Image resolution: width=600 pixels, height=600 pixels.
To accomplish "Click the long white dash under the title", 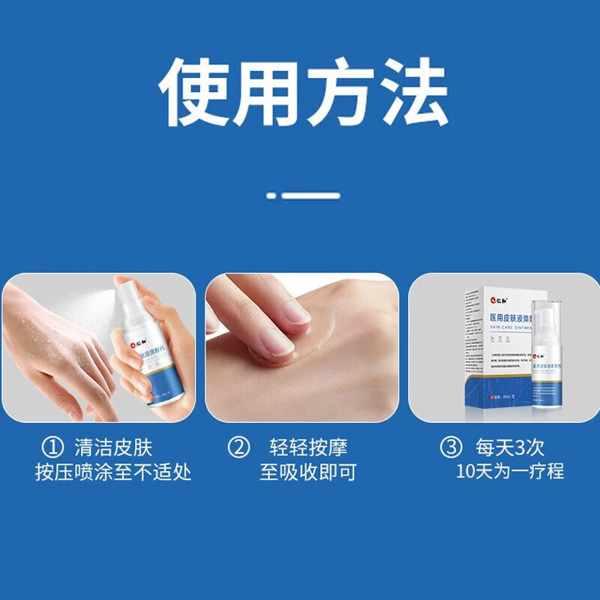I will click(x=311, y=195).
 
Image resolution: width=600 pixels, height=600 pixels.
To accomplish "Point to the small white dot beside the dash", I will click(x=271, y=195).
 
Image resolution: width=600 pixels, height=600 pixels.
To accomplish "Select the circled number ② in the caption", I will click(x=238, y=448).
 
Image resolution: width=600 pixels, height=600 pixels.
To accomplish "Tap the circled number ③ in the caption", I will click(x=451, y=448).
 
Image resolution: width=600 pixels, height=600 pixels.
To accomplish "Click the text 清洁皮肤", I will click(x=113, y=448).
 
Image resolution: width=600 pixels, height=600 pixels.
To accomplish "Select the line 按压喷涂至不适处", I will click(x=113, y=472).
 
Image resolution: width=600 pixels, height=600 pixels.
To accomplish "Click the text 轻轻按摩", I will click(x=308, y=448).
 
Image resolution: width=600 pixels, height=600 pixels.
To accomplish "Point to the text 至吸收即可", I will click(x=308, y=472).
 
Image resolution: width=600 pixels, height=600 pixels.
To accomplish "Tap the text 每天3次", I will click(x=510, y=448).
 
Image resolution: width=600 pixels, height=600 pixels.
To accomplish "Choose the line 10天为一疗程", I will click(x=510, y=472).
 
